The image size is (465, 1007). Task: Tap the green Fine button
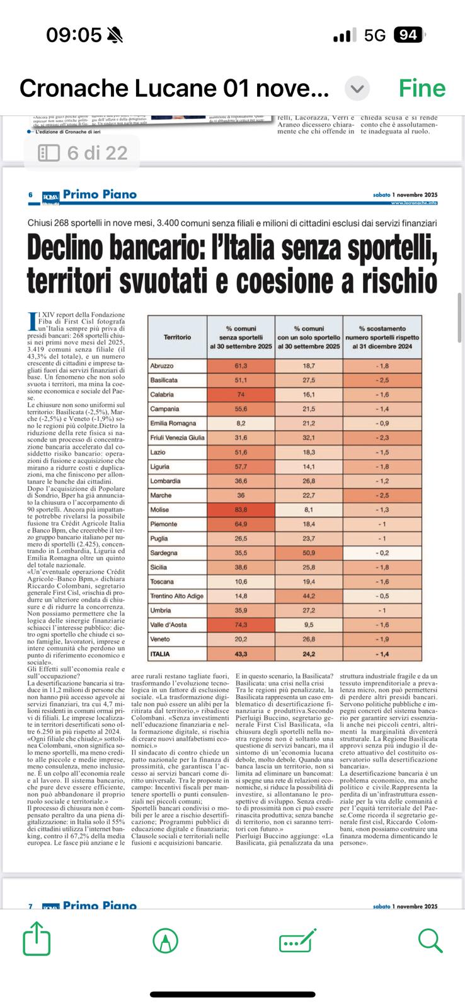pos(422,89)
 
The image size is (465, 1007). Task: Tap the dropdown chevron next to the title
pos(357,89)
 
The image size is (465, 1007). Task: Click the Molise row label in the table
pos(159,510)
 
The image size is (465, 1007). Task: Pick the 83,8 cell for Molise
pos(241,510)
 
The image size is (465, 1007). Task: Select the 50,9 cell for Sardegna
pos(309,553)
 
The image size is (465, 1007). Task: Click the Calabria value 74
pos(241,395)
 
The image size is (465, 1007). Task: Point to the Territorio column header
pos(177,337)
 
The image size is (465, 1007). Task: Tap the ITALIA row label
pos(160,655)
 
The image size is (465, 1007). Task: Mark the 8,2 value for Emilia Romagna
pos(241,424)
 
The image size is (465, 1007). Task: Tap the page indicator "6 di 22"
pos(83,152)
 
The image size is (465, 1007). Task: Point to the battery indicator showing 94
pos(408,35)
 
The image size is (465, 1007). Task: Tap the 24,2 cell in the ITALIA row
pos(309,655)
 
